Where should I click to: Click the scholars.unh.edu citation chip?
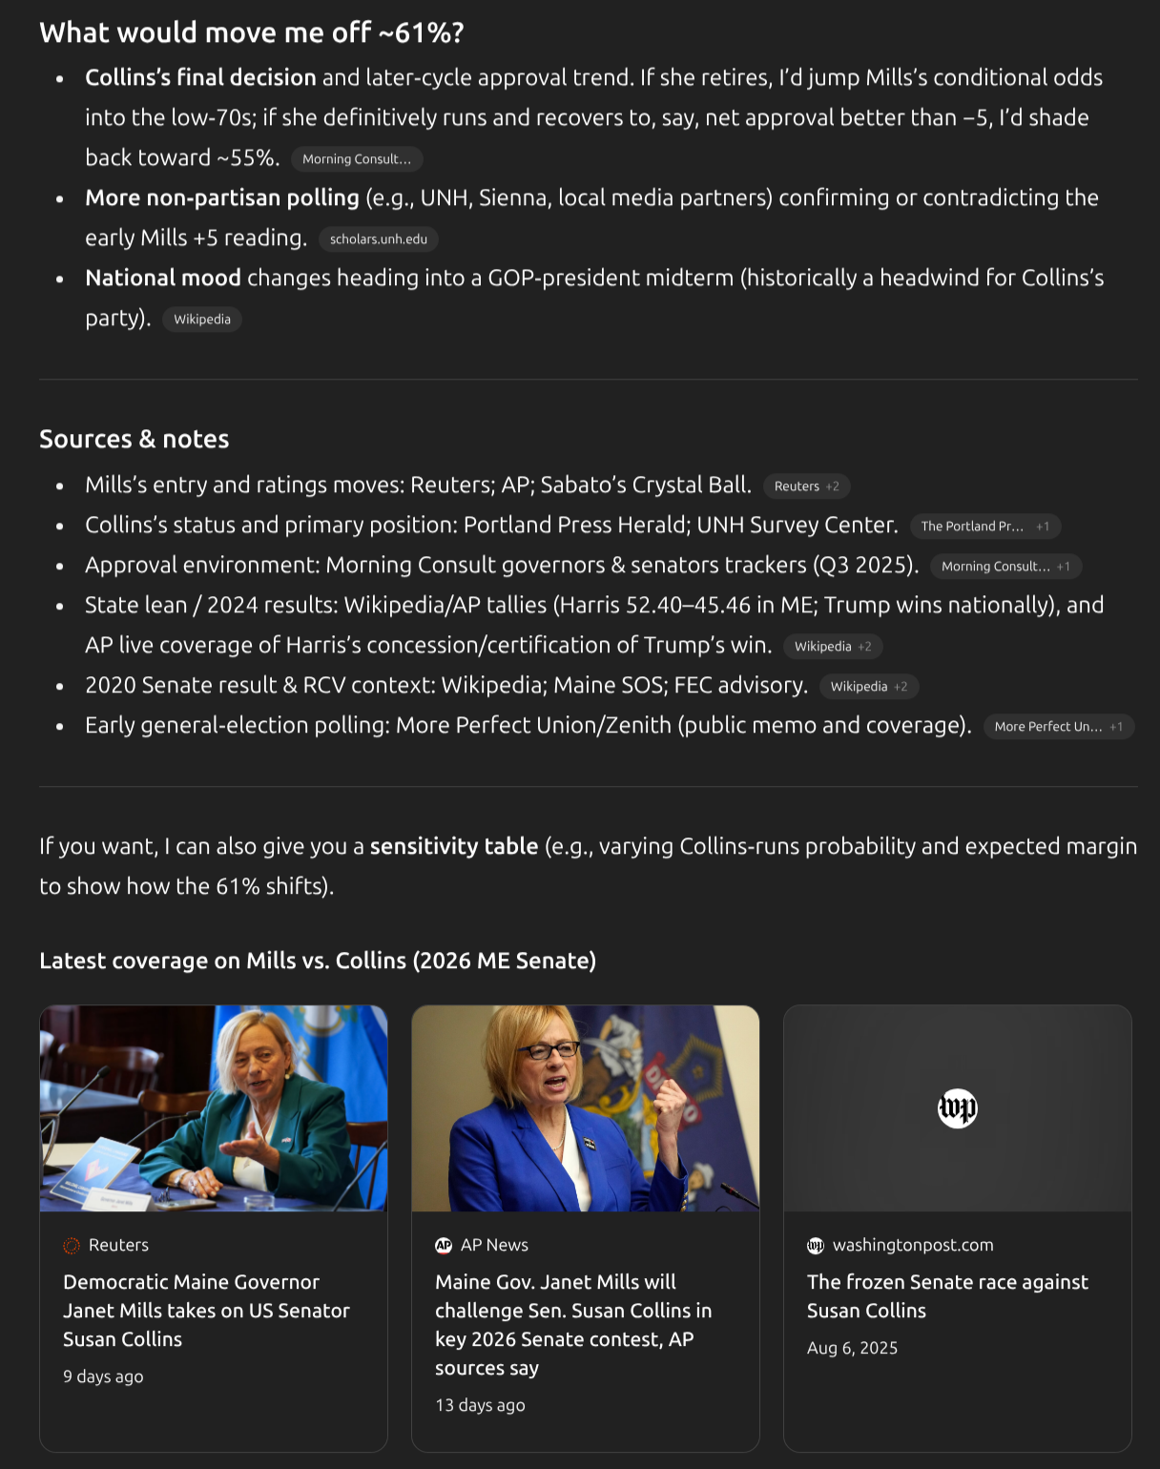[x=378, y=239]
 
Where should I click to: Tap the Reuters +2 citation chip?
[x=806, y=486]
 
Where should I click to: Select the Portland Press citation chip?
[x=984, y=527]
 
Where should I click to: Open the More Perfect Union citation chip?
[x=1058, y=727]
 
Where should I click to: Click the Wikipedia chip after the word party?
[x=202, y=320]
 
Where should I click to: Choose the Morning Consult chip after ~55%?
[x=356, y=159]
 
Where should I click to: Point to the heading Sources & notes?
[x=135, y=440]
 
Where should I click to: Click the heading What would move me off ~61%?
[x=252, y=33]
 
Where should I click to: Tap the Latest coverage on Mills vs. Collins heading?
[x=318, y=961]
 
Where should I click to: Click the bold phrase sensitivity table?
[x=454, y=847]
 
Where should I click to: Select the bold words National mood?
[x=163, y=279]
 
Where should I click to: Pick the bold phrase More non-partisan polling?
[x=222, y=198]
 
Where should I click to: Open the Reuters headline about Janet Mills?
[x=206, y=1311]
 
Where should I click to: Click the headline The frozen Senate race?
[x=947, y=1296]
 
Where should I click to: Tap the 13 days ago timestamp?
[x=480, y=1405]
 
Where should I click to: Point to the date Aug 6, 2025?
[x=852, y=1348]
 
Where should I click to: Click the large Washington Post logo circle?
[x=958, y=1108]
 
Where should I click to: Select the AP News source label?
[x=493, y=1245]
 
